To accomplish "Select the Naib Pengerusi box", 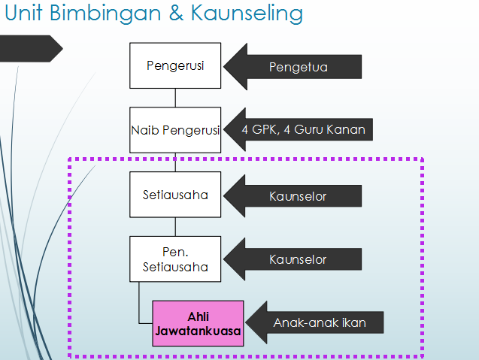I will tap(175, 130).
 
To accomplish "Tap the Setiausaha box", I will tap(175, 195).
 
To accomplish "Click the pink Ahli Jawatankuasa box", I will tap(198, 323).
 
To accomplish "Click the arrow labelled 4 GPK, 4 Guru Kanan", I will tap(301, 130).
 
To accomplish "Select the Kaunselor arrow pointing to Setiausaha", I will tap(295, 196).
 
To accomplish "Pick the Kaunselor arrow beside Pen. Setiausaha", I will tap(295, 260).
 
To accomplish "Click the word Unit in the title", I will tap(26, 14).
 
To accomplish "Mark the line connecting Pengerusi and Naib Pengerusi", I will tap(175, 98).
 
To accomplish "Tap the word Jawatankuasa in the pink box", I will tap(198, 330).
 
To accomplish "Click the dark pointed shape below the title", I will tap(30, 49).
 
